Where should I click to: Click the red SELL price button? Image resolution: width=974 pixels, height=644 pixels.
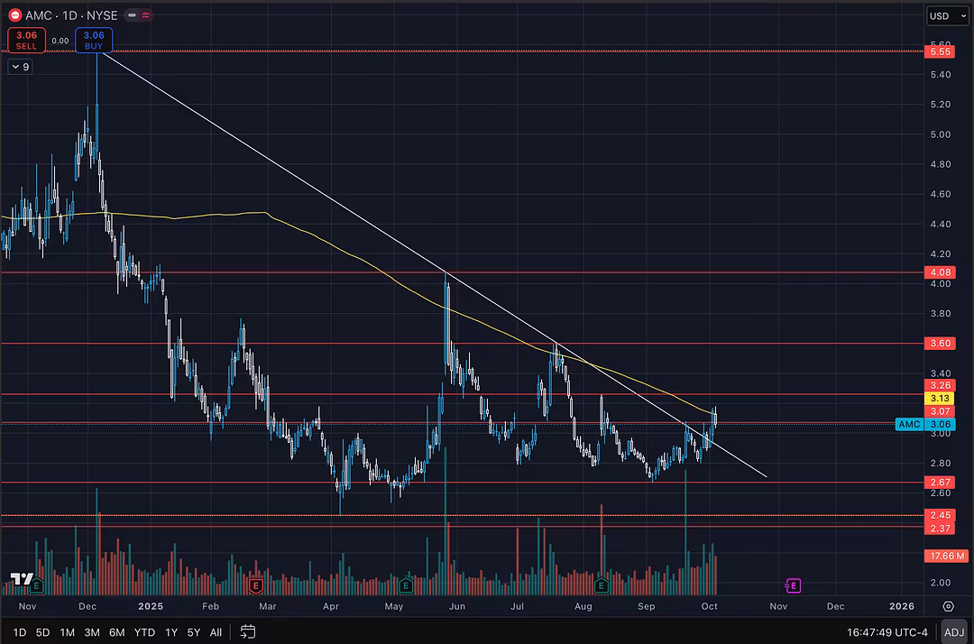(26, 40)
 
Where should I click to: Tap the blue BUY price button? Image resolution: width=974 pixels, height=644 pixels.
(94, 40)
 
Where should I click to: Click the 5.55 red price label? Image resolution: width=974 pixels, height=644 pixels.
(940, 52)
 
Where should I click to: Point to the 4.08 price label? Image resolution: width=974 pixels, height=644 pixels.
(940, 272)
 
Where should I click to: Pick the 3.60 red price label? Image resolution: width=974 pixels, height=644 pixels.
(940, 344)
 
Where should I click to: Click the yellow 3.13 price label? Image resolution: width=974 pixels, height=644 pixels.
(940, 398)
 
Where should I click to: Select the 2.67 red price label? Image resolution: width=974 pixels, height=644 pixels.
(940, 483)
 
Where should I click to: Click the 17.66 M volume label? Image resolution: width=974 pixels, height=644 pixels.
(946, 557)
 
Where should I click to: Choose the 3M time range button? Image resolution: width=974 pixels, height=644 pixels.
(92, 632)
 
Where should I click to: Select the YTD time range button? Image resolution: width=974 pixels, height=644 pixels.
(144, 632)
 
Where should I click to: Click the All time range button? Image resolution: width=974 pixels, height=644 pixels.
(216, 632)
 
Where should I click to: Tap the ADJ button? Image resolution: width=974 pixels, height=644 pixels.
(953, 632)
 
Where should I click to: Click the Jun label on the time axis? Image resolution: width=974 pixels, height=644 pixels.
(457, 607)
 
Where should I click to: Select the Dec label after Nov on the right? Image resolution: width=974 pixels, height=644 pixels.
(835, 607)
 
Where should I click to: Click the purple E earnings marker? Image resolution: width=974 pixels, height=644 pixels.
(793, 586)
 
